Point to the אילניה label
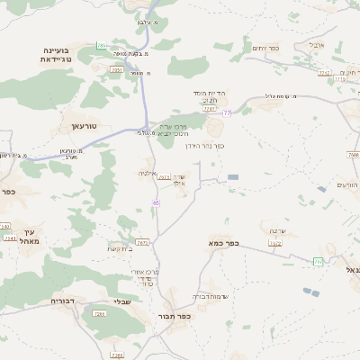(149, 172)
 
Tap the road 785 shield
(102, 45)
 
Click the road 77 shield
(228, 112)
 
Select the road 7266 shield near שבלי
(99, 314)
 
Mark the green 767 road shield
(318, 261)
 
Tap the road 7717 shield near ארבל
(324, 72)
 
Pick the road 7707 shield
(210, 109)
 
